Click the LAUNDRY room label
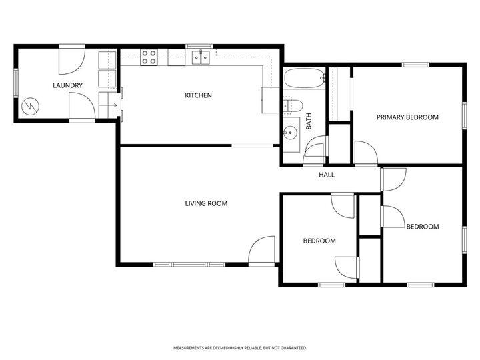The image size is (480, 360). pos(68,85)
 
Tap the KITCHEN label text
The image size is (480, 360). pos(198,95)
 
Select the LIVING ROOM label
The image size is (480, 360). pos(206,203)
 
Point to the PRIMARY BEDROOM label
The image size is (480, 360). pos(407,117)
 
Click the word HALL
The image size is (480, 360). pos(327,175)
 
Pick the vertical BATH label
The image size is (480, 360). pos(309,121)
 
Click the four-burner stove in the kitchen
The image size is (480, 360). pos(149,57)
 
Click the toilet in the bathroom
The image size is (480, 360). pos(293,105)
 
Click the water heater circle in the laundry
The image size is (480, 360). pos(30,107)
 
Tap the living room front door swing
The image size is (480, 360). pos(263,250)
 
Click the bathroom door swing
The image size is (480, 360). pos(314,151)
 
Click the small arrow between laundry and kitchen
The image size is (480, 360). pos(116,105)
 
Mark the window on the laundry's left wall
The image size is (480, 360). pos(17,84)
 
